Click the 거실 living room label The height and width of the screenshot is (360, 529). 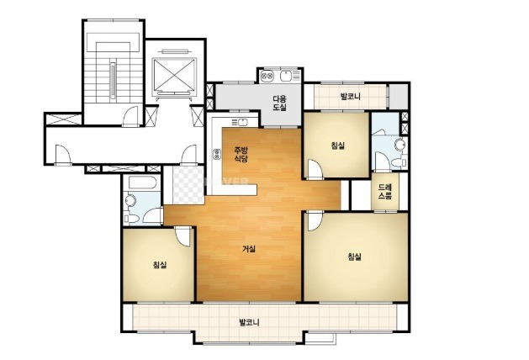(249, 249)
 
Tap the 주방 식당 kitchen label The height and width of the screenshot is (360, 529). (241, 155)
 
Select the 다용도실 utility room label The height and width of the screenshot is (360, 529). (280, 103)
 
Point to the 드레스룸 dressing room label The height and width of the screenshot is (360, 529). (385, 191)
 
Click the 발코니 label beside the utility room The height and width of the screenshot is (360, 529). (351, 97)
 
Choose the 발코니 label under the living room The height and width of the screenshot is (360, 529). (249, 322)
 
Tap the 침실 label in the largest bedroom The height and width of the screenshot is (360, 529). (355, 257)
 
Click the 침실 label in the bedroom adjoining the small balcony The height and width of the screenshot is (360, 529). (338, 146)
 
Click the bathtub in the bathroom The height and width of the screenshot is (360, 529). (142, 183)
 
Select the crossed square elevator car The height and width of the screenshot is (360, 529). (174, 75)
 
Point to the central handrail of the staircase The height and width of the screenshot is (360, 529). (113, 80)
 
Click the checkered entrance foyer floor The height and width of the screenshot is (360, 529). (188, 185)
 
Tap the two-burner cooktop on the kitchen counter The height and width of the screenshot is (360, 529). (217, 154)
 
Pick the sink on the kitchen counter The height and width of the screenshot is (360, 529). (242, 122)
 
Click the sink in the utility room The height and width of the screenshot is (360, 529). (286, 77)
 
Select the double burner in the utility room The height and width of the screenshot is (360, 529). (268, 77)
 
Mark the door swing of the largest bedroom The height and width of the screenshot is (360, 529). (314, 221)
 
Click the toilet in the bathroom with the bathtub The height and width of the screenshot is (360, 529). (132, 218)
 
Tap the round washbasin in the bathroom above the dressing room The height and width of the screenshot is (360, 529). (400, 145)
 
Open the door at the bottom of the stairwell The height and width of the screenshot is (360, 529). (130, 117)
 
